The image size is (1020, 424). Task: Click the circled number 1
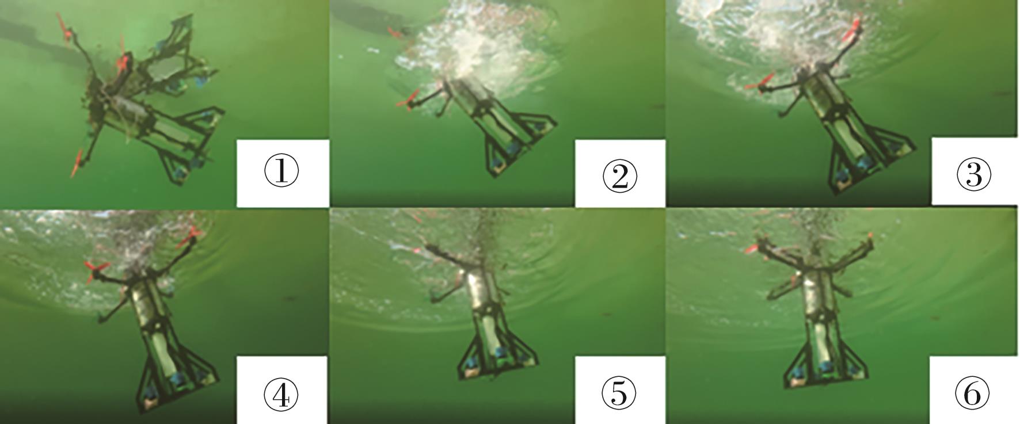coord(281,172)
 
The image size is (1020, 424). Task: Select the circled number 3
coord(973,174)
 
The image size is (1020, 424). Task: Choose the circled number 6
coord(972,394)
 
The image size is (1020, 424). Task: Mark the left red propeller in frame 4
coord(96,270)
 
